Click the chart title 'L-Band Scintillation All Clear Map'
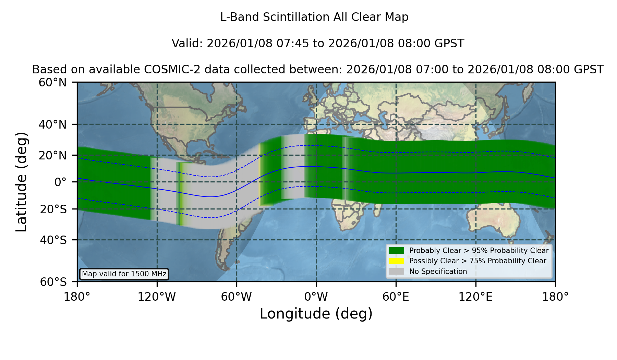[314, 17]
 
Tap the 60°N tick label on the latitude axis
[53, 83]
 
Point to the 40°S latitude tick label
[53, 240]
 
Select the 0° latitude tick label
[60, 182]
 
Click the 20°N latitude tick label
[53, 155]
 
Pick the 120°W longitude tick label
[157, 297]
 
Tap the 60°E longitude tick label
[396, 297]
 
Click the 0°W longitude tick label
[316, 297]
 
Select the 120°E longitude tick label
[476, 297]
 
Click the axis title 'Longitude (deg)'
[316, 314]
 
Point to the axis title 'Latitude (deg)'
[21, 182]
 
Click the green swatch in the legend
[397, 251]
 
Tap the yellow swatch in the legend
[397, 261]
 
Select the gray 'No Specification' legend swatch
[397, 272]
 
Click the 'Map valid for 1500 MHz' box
[124, 274]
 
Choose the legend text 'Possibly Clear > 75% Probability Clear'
[478, 261]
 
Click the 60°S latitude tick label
[53, 282]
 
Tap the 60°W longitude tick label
[237, 297]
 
